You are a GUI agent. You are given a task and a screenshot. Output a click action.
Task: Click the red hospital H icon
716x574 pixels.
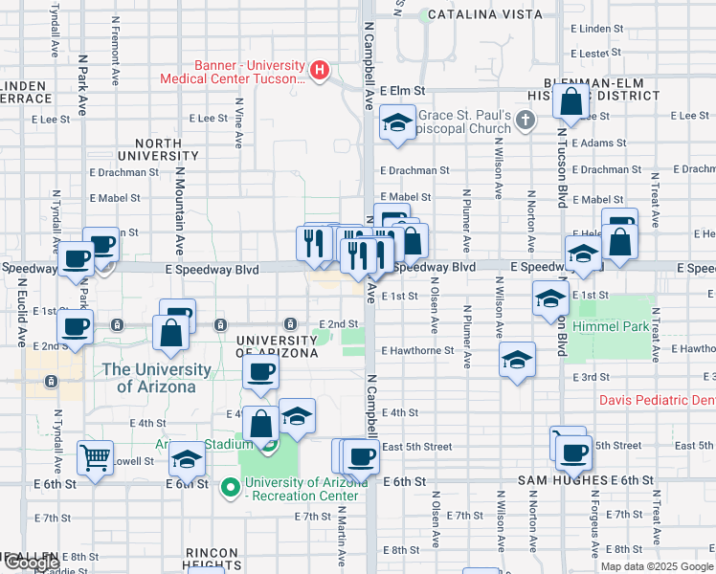coord(320,70)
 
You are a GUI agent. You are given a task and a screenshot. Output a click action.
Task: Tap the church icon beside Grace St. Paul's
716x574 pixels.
coord(524,121)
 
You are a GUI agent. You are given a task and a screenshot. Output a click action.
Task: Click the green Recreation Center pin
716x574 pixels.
coord(230,488)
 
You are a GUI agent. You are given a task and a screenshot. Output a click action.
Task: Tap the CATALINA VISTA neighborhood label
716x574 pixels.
coord(484,14)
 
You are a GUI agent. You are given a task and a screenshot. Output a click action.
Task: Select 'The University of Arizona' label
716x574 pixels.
coord(156,378)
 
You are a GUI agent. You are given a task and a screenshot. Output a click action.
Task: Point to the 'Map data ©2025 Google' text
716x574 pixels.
coord(656,565)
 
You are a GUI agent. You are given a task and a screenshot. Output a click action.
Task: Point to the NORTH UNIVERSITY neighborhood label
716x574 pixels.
coord(158,148)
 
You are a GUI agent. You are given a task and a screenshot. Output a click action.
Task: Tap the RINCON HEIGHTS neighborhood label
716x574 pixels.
coord(218,560)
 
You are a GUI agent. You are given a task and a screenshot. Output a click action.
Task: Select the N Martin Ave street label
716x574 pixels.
coord(342,532)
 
